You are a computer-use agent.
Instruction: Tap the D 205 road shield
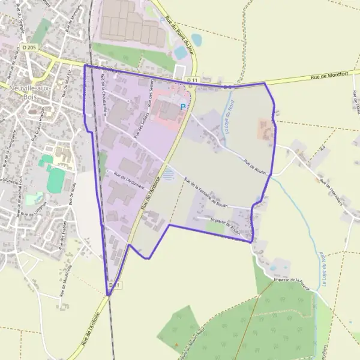pyautogui.click(x=28, y=47)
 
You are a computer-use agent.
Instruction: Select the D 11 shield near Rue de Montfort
pyautogui.click(x=192, y=80)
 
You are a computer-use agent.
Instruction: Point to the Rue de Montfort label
pyautogui.click(x=329, y=76)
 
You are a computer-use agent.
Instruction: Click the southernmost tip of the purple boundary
pyautogui.click(x=109, y=295)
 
